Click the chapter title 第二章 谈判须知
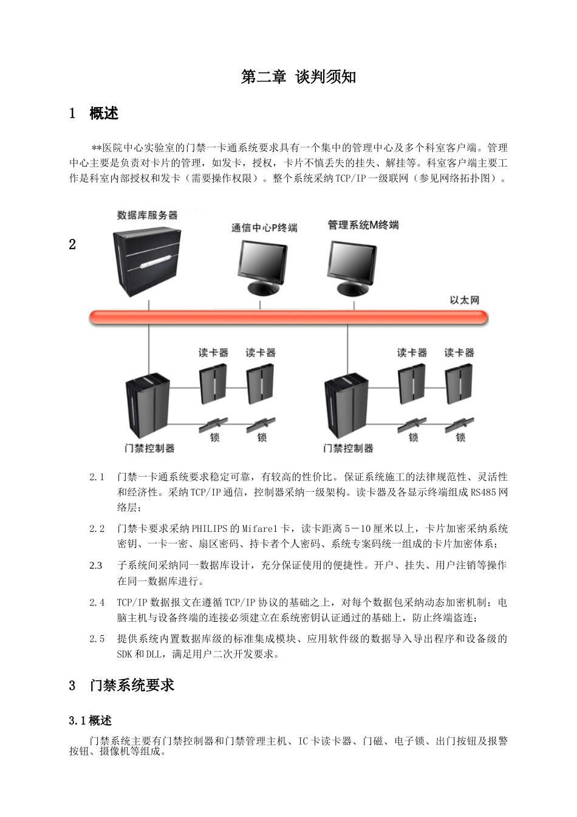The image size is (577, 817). [298, 77]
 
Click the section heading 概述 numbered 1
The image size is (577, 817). [104, 114]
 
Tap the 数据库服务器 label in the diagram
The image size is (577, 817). [147, 215]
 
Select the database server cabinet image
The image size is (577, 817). [147, 261]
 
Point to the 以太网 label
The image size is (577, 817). [465, 300]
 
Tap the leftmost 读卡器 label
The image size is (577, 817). [213, 353]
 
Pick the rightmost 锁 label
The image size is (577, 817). [460, 438]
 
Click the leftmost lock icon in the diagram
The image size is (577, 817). [213, 424]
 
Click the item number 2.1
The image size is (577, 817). [97, 477]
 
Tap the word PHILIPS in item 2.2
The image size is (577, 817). [210, 529]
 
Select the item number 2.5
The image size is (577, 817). [97, 639]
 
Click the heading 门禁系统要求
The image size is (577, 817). [132, 686]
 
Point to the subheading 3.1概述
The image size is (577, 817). [90, 721]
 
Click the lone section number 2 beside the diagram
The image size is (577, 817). [73, 245]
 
